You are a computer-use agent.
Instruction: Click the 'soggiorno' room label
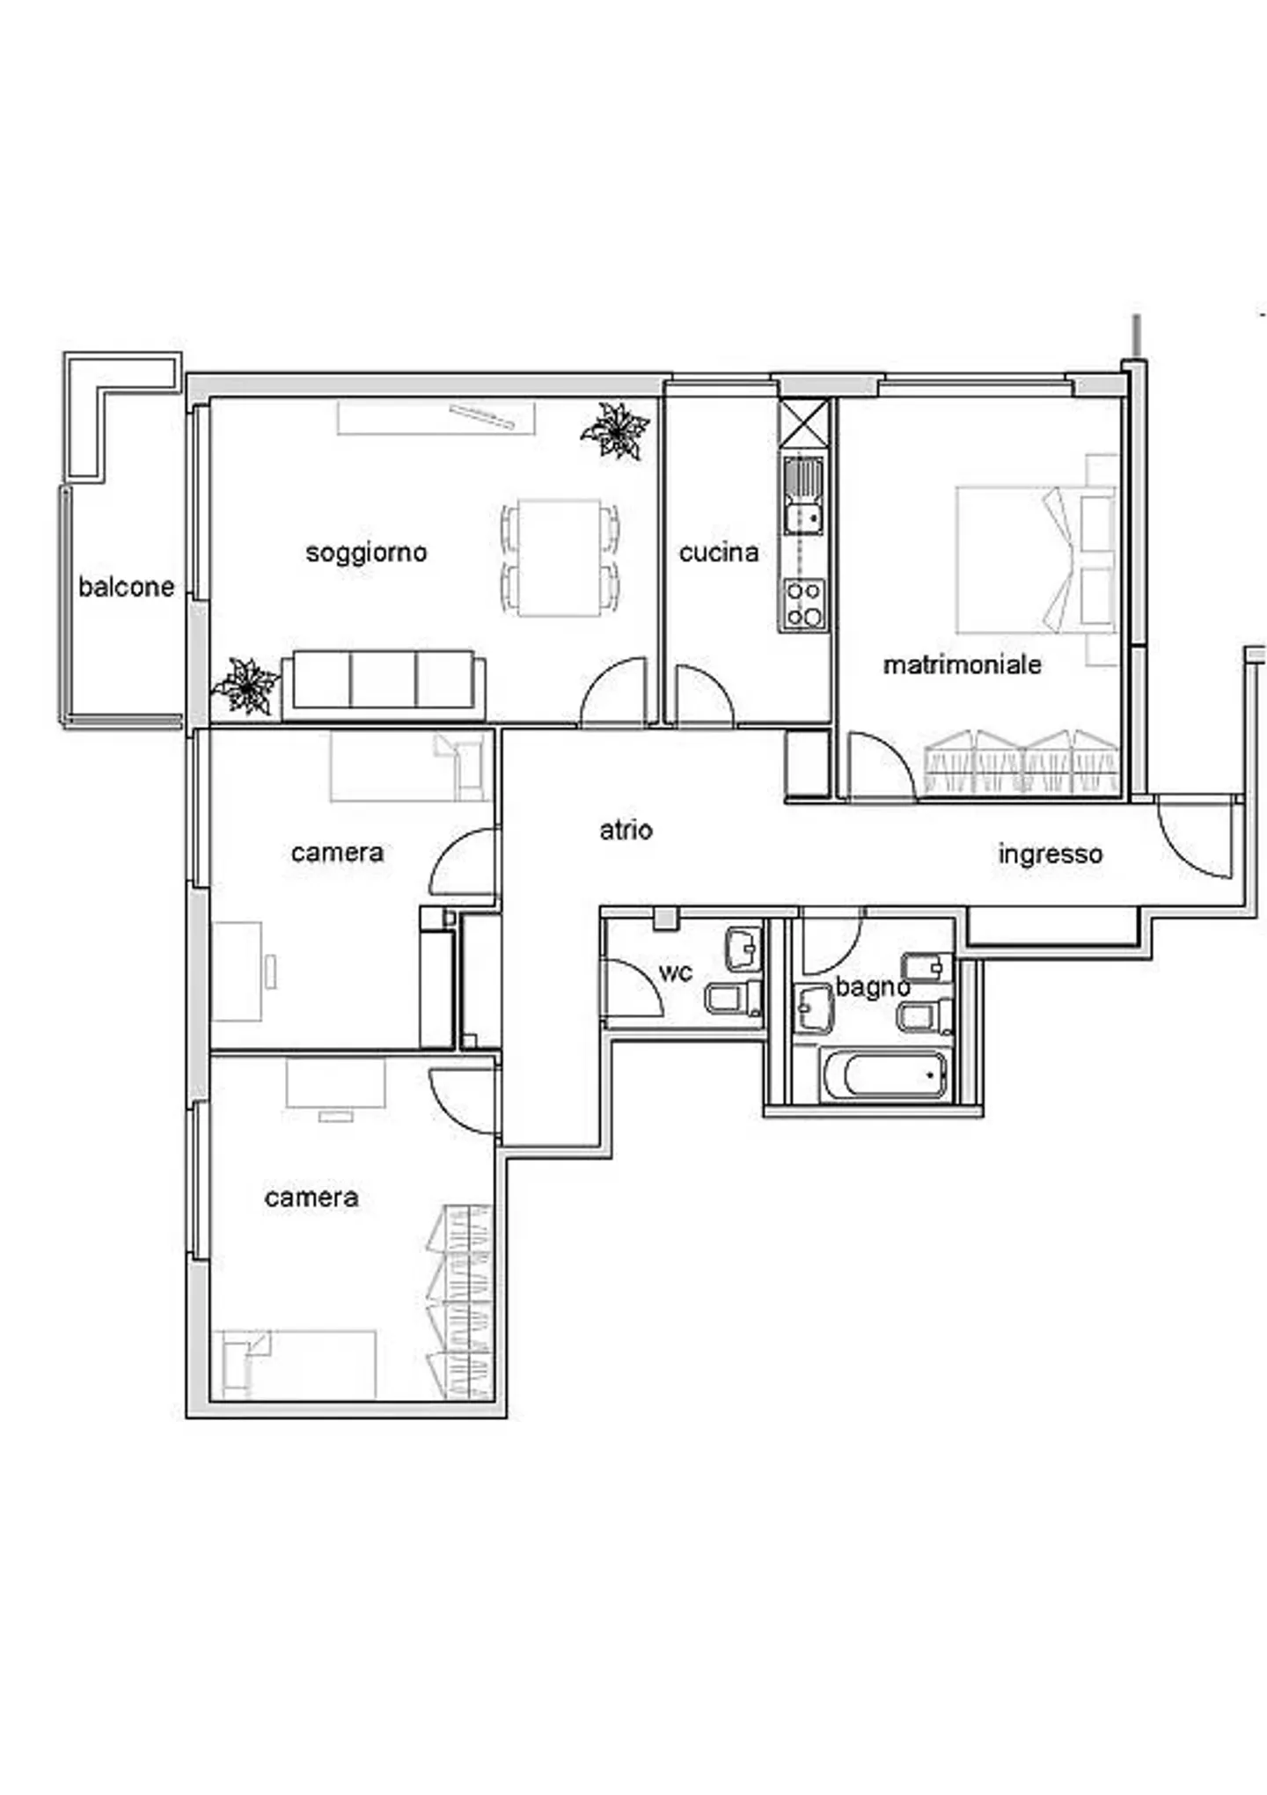coord(366,553)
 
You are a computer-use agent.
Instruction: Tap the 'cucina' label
coord(719,553)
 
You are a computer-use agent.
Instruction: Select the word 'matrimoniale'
coord(962,664)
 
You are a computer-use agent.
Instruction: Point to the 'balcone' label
coord(126,587)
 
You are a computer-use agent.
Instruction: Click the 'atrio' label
coord(626,830)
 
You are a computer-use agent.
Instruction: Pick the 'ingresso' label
coord(1051,854)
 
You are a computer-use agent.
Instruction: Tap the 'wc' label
coord(676,972)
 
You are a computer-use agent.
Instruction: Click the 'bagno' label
coord(872,988)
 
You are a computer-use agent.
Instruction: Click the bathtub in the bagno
coord(885,1074)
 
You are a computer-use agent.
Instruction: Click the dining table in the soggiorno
coord(560,558)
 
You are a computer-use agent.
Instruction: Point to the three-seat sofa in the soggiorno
coord(384,683)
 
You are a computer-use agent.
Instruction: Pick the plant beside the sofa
coord(246,685)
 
